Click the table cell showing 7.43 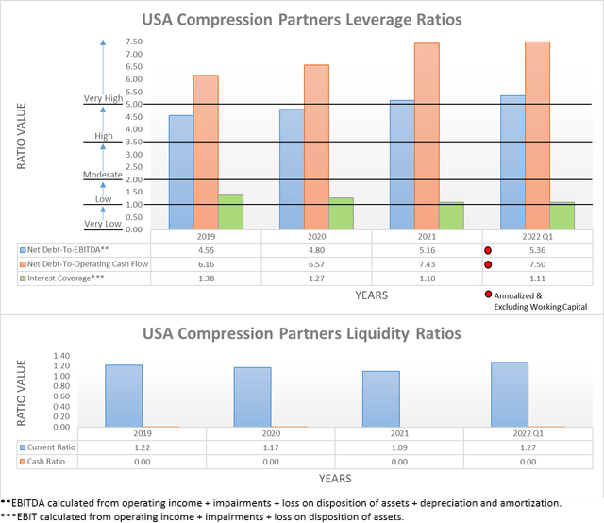(426, 265)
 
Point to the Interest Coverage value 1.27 (315, 280)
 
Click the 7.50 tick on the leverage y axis (133, 42)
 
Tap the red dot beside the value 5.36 (488, 251)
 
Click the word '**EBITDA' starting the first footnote (25, 502)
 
